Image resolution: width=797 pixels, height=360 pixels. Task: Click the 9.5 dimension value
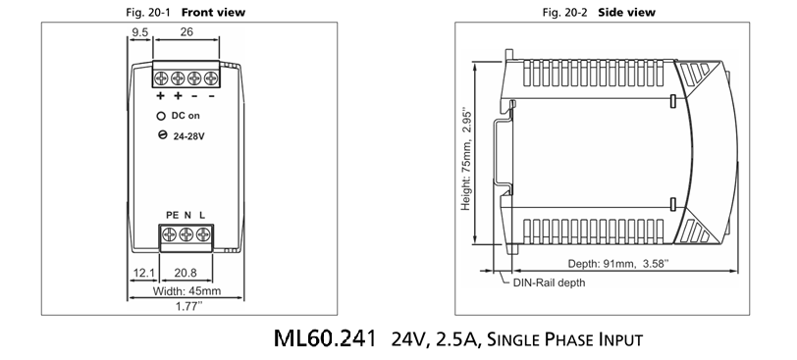[139, 32]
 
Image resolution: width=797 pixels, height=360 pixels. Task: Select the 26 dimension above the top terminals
[186, 31]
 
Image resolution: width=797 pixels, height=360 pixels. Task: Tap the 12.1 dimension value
[144, 273]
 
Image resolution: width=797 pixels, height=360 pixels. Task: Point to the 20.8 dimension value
[186, 273]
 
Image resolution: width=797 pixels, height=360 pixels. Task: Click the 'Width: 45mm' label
[186, 291]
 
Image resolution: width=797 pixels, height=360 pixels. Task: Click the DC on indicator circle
[161, 117]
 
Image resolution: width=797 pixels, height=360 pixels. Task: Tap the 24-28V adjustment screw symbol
[163, 135]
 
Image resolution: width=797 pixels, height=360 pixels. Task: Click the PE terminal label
[173, 215]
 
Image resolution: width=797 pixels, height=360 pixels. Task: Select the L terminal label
[202, 215]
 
